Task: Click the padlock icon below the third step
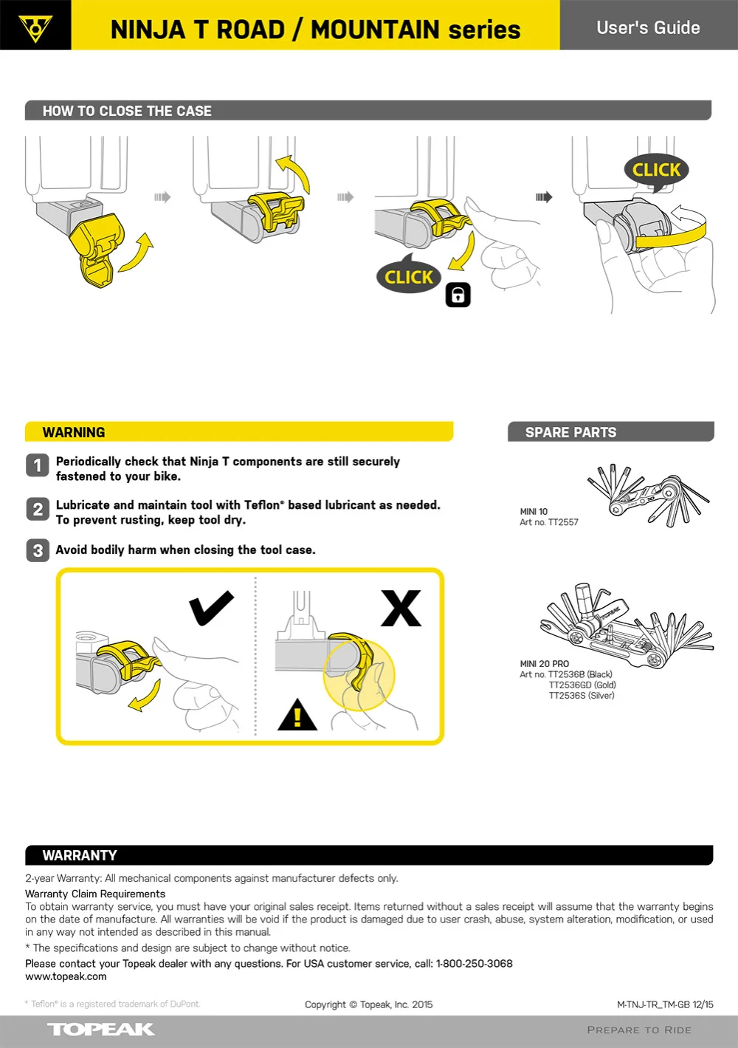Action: tap(458, 295)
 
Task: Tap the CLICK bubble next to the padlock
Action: tap(409, 277)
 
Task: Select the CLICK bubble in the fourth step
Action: tap(656, 171)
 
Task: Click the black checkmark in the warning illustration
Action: tap(211, 609)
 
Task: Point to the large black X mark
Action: tap(401, 608)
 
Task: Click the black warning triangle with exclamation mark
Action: tap(297, 716)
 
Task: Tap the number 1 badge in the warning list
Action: tap(38, 465)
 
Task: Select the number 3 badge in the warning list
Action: tap(38, 550)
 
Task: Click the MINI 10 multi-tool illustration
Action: tap(648, 494)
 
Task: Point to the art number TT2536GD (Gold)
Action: tap(582, 685)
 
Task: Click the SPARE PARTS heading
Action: tap(570, 433)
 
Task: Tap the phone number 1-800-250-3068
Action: tap(474, 964)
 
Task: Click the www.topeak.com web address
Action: tap(66, 976)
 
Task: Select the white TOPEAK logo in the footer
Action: tap(101, 1030)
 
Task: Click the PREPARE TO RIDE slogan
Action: tap(639, 1030)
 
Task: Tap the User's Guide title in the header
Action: tap(648, 28)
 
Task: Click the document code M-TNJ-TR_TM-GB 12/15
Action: tap(665, 1004)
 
